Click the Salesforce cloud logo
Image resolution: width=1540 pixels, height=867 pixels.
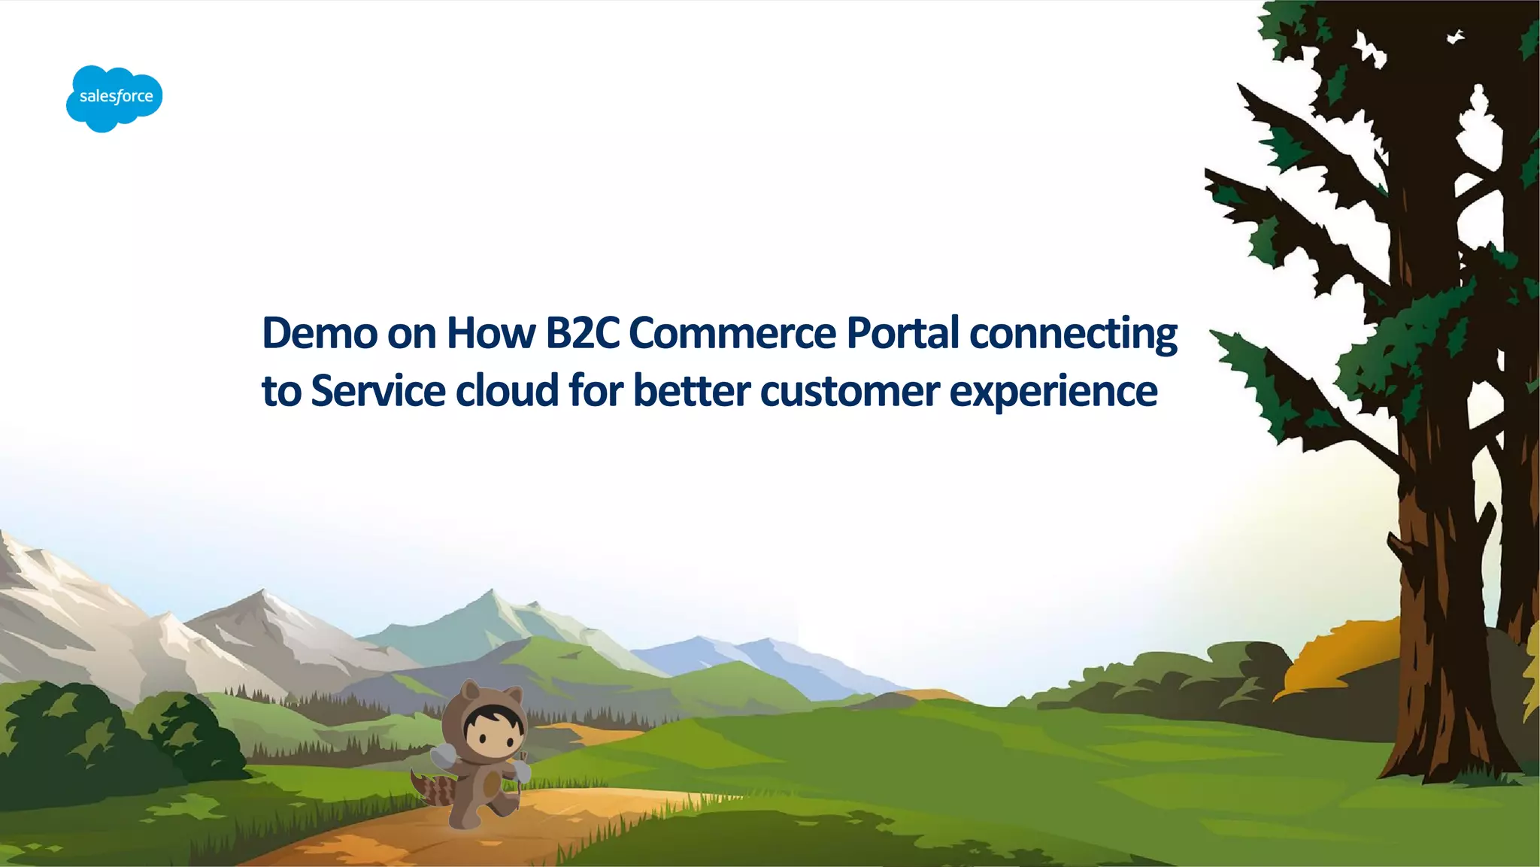[114, 98]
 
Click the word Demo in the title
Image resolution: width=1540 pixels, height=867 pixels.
[319, 333]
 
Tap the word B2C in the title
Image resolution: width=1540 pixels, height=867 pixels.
[582, 333]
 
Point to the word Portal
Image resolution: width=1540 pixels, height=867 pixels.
[902, 333]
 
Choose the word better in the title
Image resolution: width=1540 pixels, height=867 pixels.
[691, 391]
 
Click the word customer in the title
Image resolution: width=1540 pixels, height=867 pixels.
[850, 393]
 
